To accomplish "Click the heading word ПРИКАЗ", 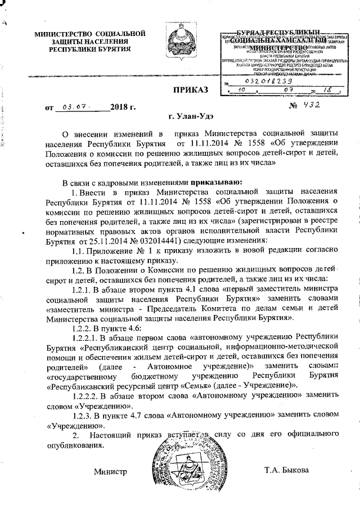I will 190,89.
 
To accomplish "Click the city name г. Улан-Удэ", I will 190,116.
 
